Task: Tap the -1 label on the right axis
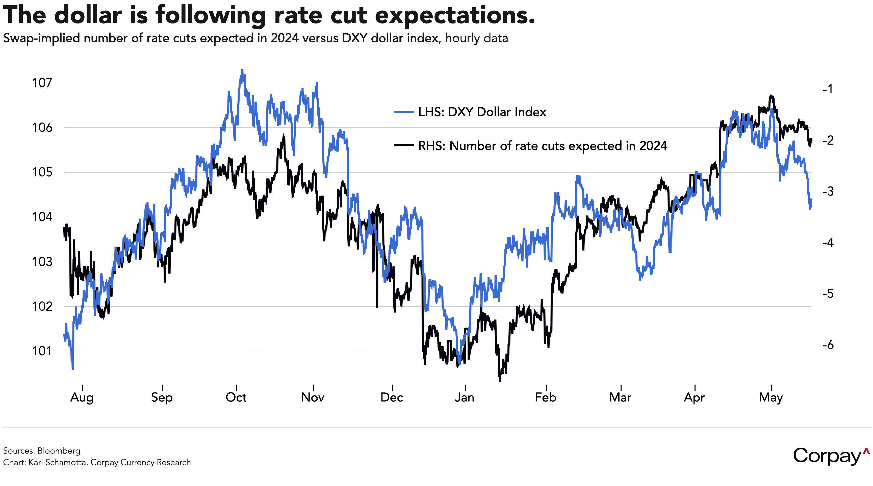point(828,89)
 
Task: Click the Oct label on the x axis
point(236,397)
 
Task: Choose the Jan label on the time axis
point(465,397)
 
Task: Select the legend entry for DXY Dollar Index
point(482,112)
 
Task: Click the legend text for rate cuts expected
point(543,146)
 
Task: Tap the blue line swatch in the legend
point(404,112)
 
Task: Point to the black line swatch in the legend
point(404,145)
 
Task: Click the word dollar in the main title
point(88,16)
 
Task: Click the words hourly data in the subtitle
point(476,38)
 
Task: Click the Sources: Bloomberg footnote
point(42,451)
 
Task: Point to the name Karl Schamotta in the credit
point(57,462)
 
